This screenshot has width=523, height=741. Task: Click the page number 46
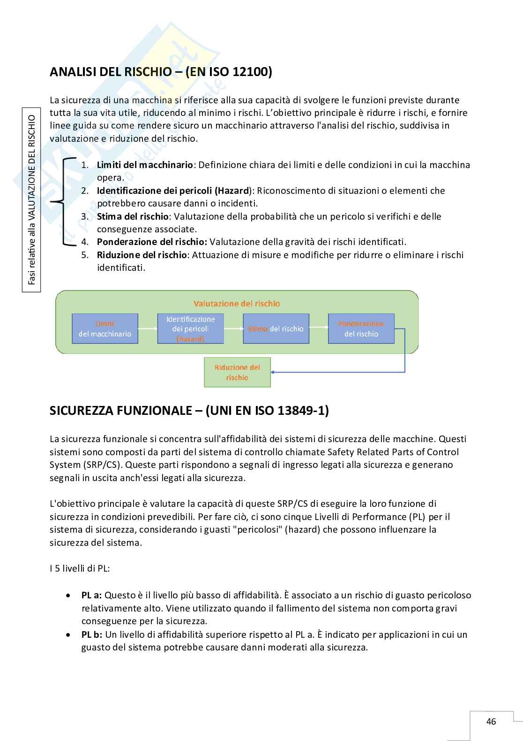click(x=491, y=721)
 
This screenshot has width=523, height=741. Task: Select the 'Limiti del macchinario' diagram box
click(x=105, y=328)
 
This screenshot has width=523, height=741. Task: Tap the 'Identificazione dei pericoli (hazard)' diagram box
click(x=190, y=328)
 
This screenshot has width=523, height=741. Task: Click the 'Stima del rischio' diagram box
click(x=276, y=328)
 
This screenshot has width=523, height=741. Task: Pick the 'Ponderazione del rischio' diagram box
click(x=361, y=328)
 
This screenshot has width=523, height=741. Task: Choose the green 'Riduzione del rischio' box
click(x=237, y=373)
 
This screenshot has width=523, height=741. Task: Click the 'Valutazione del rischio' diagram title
click(x=237, y=304)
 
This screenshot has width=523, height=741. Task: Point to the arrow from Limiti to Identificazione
click(x=148, y=328)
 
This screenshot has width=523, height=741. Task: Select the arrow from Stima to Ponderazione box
click(x=319, y=328)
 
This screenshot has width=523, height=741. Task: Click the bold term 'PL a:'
click(x=91, y=595)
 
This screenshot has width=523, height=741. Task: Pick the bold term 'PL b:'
click(x=92, y=634)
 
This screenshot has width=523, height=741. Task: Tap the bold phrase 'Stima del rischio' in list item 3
click(x=132, y=216)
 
